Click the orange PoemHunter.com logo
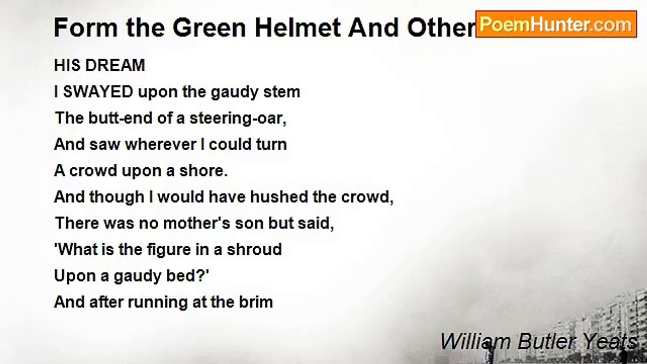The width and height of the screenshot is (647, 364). coord(556,24)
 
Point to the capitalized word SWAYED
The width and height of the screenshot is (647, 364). coord(98,92)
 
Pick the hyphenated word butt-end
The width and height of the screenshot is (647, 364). coord(120,118)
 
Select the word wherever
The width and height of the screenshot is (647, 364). coord(161,145)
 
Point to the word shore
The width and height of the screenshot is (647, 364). coord(204,171)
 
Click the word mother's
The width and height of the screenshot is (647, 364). coord(197,223)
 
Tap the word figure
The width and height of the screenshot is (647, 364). coord(169,250)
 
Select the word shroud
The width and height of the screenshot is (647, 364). coord(254,250)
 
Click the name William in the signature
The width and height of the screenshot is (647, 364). coord(476,342)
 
